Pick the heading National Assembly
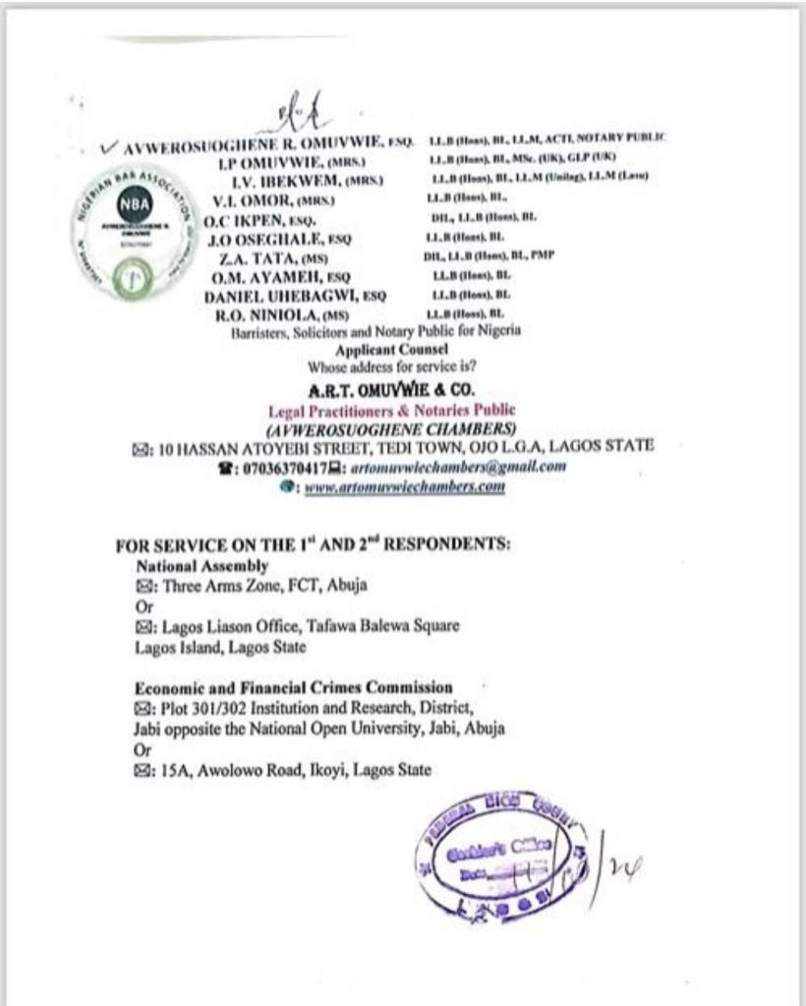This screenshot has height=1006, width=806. pyautogui.click(x=201, y=566)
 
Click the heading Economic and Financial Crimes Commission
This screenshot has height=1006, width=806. pyautogui.click(x=294, y=688)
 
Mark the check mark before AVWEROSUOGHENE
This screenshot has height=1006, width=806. pyautogui.click(x=109, y=146)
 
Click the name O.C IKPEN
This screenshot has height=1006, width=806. pyautogui.click(x=257, y=221)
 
